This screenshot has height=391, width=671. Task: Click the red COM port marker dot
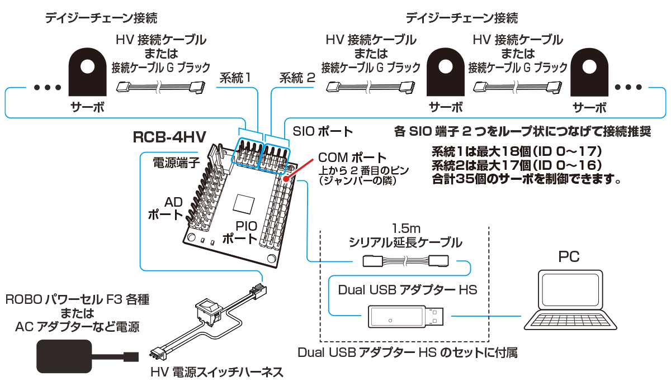[x=286, y=179]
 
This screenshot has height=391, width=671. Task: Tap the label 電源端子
[x=176, y=163]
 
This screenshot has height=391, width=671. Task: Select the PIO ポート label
[x=240, y=232]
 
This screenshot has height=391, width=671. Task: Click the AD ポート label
[x=166, y=208]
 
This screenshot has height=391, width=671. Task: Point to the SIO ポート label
[x=323, y=132]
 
